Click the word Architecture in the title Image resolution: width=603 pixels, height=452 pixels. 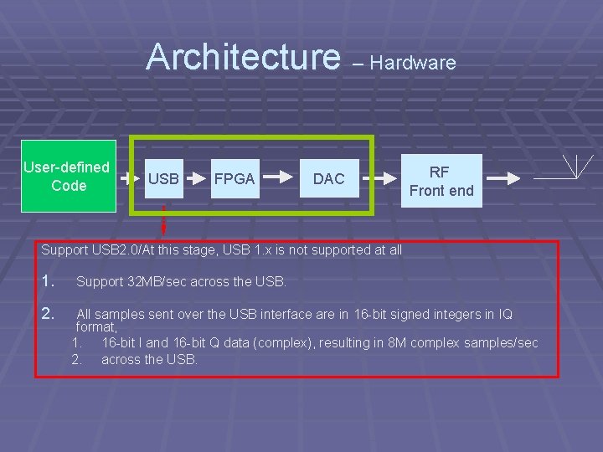[x=242, y=57]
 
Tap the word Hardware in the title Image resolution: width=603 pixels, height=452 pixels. [x=413, y=63]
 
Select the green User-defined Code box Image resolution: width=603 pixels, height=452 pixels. [x=67, y=177]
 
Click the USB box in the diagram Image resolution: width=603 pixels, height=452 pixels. [x=163, y=178]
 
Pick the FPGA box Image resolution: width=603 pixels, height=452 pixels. [x=234, y=178]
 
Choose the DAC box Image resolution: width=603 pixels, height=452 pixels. [x=328, y=178]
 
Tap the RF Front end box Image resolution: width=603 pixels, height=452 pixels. [x=441, y=182]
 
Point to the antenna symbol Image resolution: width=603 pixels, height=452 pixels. [x=577, y=167]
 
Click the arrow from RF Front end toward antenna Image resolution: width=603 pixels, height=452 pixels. [x=503, y=178]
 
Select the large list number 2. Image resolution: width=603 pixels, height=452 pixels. [x=49, y=315]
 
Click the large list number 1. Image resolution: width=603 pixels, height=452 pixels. [x=48, y=281]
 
